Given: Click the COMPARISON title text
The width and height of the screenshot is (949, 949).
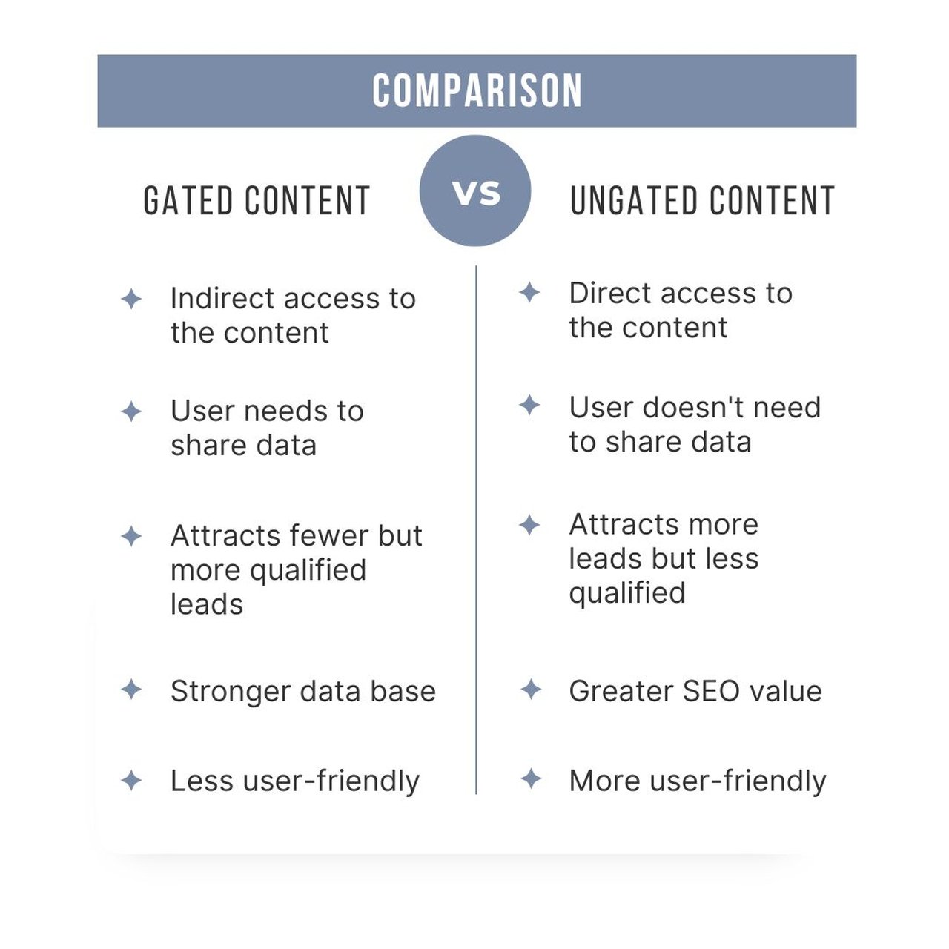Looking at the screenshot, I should [477, 91].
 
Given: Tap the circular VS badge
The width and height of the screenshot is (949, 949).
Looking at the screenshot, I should [475, 191].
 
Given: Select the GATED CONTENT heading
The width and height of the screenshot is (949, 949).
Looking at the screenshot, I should [257, 201].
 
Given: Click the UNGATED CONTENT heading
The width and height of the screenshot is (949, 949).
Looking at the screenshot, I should [702, 201].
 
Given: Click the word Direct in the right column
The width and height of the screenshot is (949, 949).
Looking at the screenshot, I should [605, 294].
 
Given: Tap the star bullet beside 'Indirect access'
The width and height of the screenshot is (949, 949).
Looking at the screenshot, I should [131, 300].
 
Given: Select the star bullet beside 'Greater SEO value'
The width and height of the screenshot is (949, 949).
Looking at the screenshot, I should [531, 690].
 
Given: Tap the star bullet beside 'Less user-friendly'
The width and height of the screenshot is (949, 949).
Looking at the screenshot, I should [131, 780].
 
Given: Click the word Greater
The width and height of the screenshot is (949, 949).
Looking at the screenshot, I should [620, 691].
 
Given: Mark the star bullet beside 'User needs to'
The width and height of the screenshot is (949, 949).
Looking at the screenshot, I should [131, 411].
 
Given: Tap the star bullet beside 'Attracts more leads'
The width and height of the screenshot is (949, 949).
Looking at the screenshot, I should [529, 525].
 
